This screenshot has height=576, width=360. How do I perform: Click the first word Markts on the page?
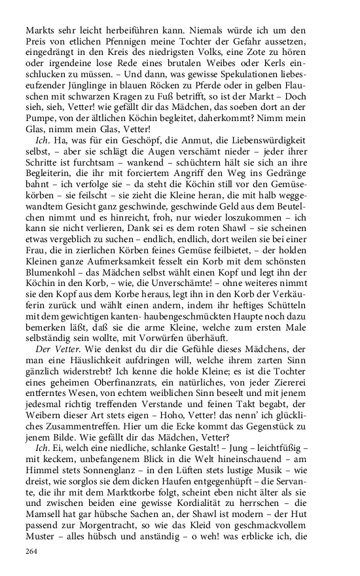point(37,29)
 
